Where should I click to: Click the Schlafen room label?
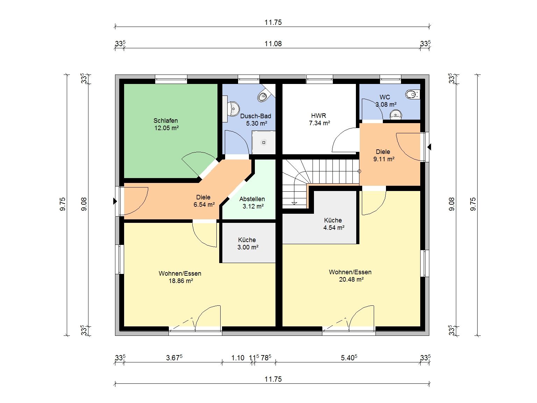point(166,121)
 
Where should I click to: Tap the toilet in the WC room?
point(413,94)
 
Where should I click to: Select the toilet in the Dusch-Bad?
point(263,96)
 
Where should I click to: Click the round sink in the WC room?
point(396,114)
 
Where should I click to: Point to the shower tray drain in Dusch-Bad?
point(264,142)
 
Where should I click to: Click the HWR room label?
point(318,115)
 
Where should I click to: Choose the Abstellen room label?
point(252,199)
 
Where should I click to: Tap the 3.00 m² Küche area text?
point(248,247)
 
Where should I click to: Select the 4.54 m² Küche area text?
point(334,228)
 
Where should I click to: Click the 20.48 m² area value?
point(351,280)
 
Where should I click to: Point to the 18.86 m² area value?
point(181,281)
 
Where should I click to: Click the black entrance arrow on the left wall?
point(115,201)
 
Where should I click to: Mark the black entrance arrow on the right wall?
point(429,147)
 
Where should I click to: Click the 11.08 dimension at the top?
point(273,44)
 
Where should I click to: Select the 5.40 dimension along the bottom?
point(349,358)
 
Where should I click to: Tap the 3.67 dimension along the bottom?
point(174,358)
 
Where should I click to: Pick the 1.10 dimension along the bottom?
point(238,358)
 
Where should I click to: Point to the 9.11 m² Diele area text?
point(384,159)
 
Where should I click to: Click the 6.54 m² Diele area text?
point(204,205)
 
